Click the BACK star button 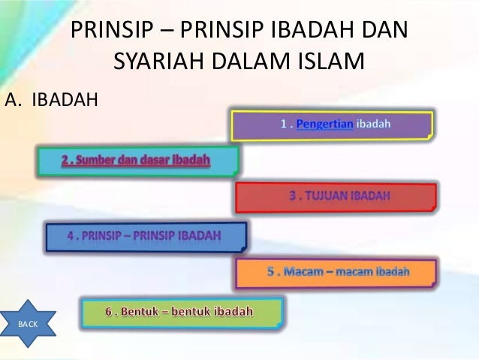tap(27, 323)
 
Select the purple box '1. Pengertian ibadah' tap(332, 126)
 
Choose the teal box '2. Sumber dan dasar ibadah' tap(137, 160)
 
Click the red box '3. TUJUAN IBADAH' tap(335, 197)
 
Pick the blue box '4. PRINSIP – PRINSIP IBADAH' tap(146, 236)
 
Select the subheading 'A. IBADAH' tap(51, 98)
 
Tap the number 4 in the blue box tap(71, 236)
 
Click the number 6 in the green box tap(119, 310)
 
